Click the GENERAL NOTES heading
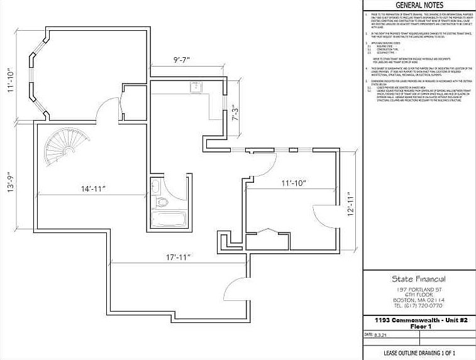pos(419,5)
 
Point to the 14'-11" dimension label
pos(92,188)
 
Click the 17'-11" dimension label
pos(178,258)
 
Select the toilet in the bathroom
pos(161,202)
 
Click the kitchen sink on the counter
pos(196,87)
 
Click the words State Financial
pos(419,279)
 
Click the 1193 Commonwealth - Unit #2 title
pos(419,320)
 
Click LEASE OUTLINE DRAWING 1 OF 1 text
pos(419,353)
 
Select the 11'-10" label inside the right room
pos(293,183)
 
